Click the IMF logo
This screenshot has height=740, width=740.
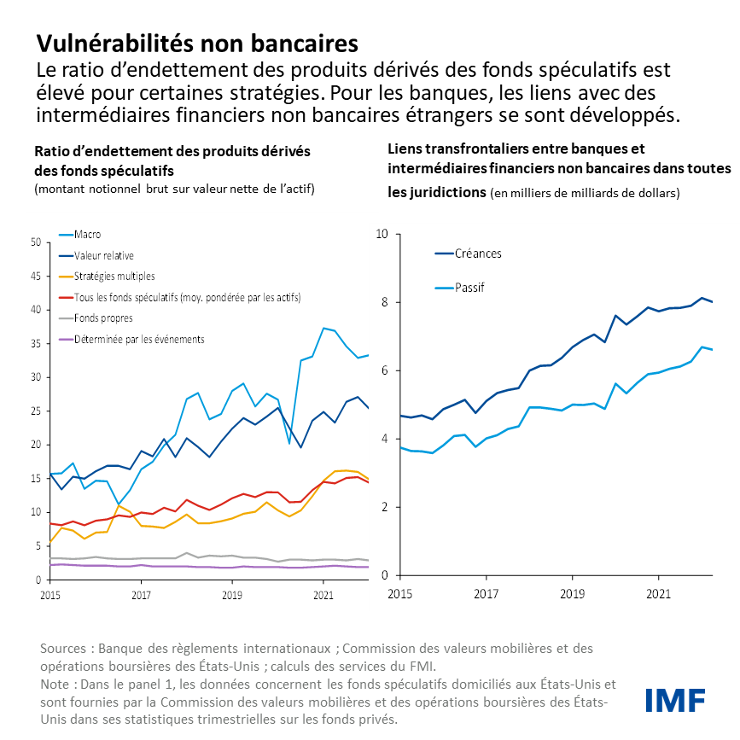[x=674, y=699]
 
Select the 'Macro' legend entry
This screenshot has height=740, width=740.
[x=88, y=234]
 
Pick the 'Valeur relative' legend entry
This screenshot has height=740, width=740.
[x=103, y=255]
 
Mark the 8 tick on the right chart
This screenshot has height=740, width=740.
[x=385, y=302]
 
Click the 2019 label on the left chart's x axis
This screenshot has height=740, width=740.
[x=230, y=593]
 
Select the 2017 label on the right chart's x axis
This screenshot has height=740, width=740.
[x=487, y=592]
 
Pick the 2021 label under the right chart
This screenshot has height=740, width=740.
[x=657, y=592]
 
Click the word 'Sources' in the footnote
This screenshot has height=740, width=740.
[x=62, y=650]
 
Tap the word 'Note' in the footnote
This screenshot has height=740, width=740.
[x=55, y=685]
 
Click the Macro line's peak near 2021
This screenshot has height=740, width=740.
[x=323, y=328]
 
